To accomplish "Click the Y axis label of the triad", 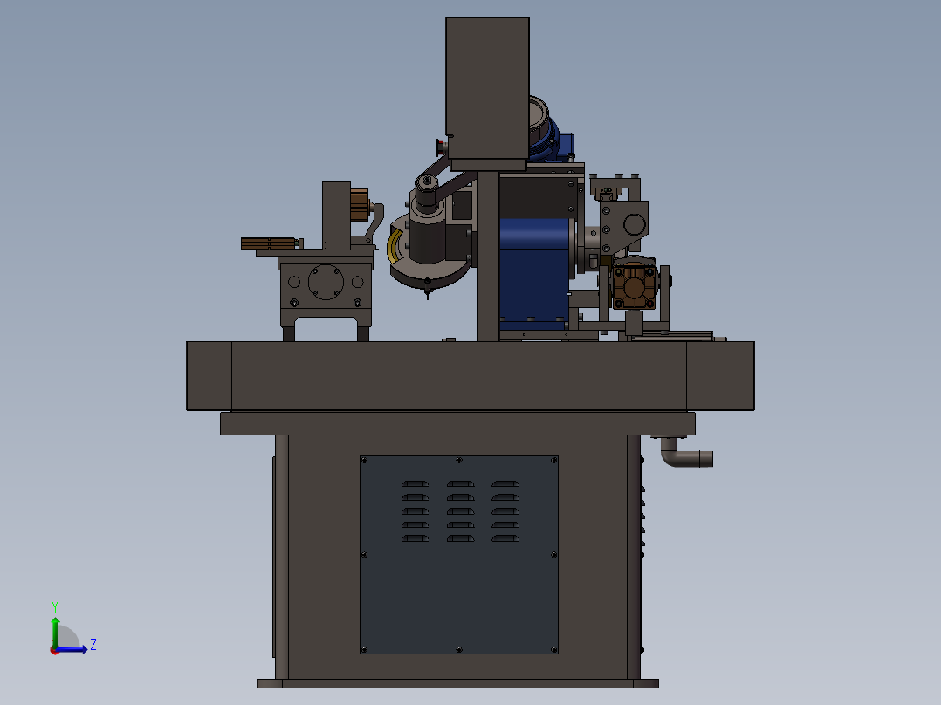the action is click(55, 606).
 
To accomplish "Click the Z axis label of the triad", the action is click(93, 645).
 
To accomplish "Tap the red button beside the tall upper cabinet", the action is click(440, 146).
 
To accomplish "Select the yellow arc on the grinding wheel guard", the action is click(395, 245).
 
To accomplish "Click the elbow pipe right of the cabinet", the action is click(684, 454).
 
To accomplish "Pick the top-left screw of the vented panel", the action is click(364, 460).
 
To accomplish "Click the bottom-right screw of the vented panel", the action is click(554, 649).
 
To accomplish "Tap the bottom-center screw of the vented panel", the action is click(459, 650).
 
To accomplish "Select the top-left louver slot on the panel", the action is click(416, 483).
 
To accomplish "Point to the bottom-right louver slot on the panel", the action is click(505, 538).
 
